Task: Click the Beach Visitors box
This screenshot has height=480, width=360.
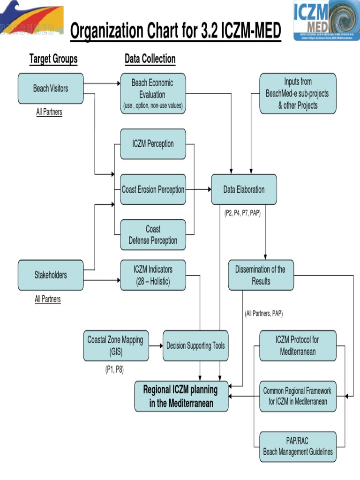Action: (51, 88)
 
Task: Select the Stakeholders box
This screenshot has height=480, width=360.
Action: (51, 275)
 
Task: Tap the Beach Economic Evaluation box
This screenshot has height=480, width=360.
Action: (153, 94)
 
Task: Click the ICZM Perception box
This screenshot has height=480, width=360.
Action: (153, 144)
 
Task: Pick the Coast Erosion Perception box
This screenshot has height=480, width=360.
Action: (153, 190)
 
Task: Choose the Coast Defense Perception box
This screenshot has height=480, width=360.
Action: (153, 235)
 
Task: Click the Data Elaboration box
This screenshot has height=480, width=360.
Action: (244, 190)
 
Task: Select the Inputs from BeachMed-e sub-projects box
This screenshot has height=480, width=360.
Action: (298, 93)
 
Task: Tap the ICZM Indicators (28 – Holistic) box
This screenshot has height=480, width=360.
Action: (153, 275)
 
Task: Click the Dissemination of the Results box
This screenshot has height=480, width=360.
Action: (261, 275)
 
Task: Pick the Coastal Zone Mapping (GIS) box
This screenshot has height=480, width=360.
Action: (115, 345)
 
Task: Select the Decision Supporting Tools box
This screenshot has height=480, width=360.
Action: (195, 346)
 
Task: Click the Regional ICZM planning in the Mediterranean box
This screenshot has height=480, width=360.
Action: (181, 396)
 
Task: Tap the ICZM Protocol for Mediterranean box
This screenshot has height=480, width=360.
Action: (298, 345)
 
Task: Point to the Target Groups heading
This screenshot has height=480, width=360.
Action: (53, 59)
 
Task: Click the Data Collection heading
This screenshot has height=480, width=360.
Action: (150, 59)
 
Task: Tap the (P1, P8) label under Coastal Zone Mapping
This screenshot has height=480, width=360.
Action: (114, 369)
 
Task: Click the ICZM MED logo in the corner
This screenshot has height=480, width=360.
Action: (327, 20)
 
